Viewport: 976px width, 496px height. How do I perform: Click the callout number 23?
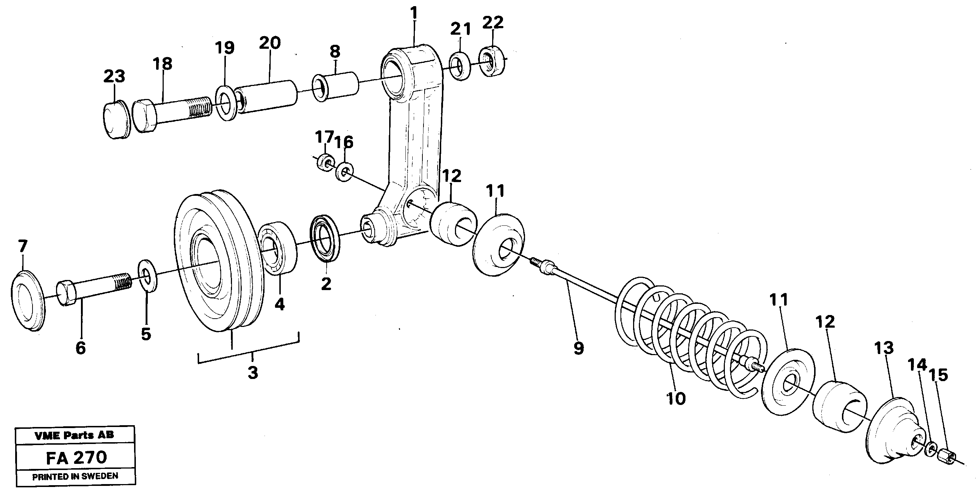pyautogui.click(x=114, y=76)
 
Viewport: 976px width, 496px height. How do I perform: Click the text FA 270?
pyautogui.click(x=76, y=458)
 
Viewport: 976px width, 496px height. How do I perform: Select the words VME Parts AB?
pyautogui.click(x=74, y=435)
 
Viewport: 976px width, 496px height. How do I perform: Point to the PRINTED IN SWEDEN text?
pyautogui.click(x=75, y=476)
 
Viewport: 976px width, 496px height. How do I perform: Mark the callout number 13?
pyautogui.click(x=884, y=348)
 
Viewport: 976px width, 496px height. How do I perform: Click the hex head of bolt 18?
pyautogui.click(x=145, y=116)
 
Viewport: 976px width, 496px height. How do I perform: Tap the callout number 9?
pyautogui.click(x=578, y=348)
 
